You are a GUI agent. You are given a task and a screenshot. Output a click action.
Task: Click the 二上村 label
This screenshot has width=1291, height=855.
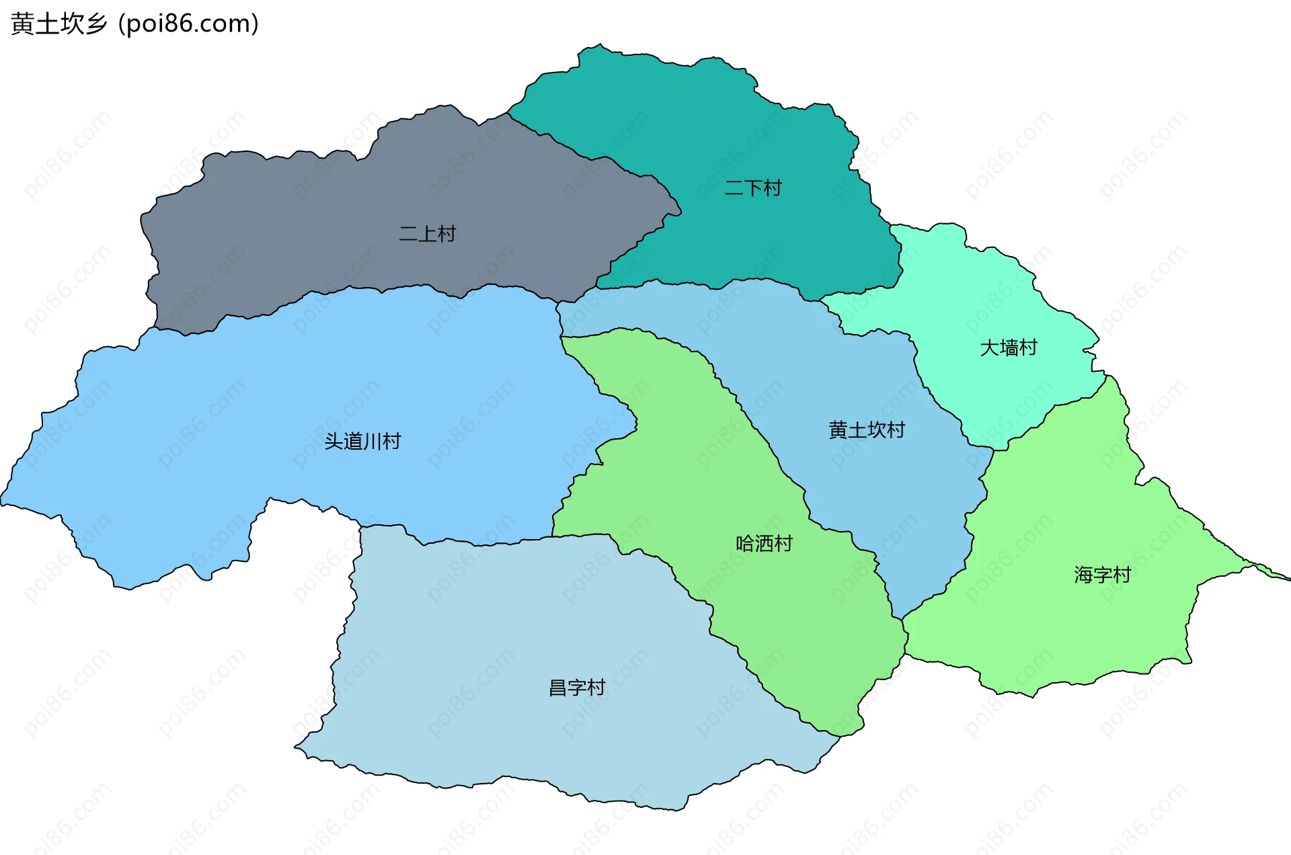click(x=428, y=234)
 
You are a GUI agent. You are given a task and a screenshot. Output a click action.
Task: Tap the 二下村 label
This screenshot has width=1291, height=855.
click(x=753, y=188)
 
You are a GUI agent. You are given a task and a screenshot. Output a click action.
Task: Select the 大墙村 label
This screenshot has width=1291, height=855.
click(x=1009, y=348)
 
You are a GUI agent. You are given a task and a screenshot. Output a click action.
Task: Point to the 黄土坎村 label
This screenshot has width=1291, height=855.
click(x=867, y=430)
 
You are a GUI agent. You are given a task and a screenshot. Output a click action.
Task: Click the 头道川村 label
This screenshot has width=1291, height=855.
click(x=362, y=442)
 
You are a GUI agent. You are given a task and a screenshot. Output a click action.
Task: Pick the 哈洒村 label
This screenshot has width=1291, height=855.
click(x=765, y=544)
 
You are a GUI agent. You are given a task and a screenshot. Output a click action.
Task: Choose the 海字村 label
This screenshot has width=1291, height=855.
click(x=1103, y=575)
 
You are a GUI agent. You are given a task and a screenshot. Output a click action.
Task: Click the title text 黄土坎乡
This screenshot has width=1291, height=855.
click(x=59, y=24)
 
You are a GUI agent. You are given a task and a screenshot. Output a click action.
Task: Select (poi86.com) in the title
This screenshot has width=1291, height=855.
click(x=189, y=24)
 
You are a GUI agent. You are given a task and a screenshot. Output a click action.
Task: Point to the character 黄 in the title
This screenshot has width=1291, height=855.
click(x=22, y=24)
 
